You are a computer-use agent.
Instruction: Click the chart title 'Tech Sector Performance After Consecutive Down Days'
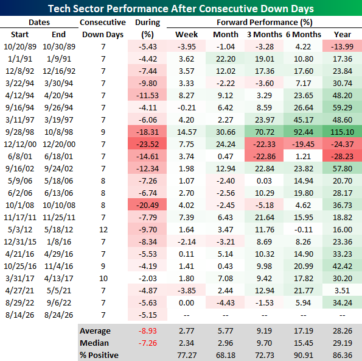(x=181, y=9)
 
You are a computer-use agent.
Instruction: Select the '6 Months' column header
(x=304, y=35)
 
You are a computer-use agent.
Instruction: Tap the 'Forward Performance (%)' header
(x=264, y=22)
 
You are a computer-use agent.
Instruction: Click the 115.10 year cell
(x=342, y=132)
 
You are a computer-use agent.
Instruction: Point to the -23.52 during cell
(x=147, y=144)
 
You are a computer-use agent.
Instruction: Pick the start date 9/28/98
(x=20, y=132)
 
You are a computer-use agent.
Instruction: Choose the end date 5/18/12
(x=58, y=229)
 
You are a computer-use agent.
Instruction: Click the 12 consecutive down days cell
(x=103, y=229)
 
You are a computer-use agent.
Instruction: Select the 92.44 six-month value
(x=304, y=132)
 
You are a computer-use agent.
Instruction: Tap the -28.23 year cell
(x=342, y=157)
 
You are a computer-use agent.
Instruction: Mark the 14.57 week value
(x=187, y=132)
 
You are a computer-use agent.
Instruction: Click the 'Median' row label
(x=94, y=343)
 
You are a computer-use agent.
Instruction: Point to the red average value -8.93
(x=147, y=331)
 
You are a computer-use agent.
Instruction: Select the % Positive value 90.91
(x=304, y=356)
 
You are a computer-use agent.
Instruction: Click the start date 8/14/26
(x=20, y=315)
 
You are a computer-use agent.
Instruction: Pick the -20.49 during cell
(x=147, y=206)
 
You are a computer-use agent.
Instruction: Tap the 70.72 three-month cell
(x=264, y=132)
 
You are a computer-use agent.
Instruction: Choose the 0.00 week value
(x=187, y=302)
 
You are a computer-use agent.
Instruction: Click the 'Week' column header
(x=187, y=35)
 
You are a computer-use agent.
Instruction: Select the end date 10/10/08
(x=58, y=206)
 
